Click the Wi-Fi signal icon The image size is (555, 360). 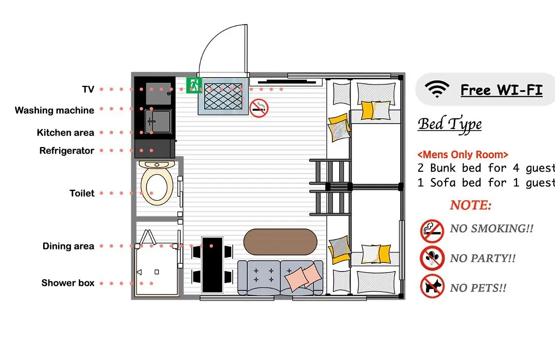(437, 89)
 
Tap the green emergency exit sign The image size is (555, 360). (194, 85)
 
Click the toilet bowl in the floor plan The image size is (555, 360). (156, 184)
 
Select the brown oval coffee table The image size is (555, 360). (281, 242)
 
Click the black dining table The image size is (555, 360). (212, 265)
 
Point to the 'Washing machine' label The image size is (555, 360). (54, 111)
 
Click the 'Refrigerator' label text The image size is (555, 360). (67, 151)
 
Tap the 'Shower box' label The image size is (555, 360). (68, 283)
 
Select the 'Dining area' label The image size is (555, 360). (68, 246)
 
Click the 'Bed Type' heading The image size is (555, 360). (450, 124)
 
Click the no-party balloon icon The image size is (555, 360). (432, 258)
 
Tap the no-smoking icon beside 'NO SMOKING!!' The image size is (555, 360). (432, 231)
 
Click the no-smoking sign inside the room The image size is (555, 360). (259, 108)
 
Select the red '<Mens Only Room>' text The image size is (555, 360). (463, 155)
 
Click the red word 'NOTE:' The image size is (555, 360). (471, 205)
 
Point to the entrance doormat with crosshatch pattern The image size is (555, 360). (224, 96)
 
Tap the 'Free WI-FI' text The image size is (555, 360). (502, 90)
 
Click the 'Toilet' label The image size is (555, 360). (82, 193)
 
